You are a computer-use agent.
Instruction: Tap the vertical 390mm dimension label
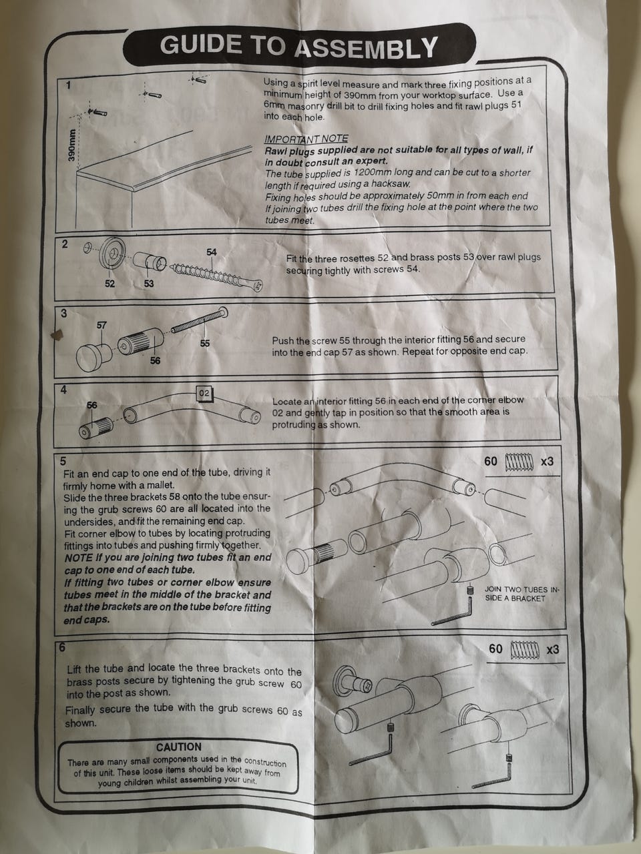tap(71, 145)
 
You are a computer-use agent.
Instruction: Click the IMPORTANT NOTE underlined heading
tap(306, 139)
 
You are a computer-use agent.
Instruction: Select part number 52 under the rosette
tap(110, 284)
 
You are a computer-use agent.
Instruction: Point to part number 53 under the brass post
tap(149, 284)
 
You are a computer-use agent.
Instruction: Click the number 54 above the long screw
tap(212, 252)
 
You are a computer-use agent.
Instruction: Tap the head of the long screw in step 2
tap(257, 286)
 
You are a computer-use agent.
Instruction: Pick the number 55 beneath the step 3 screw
tap(205, 343)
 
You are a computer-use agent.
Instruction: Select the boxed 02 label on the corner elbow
tap(204, 393)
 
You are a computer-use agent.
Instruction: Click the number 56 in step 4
tap(92, 405)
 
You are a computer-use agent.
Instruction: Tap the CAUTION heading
tap(179, 747)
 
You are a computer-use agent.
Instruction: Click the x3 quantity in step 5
tap(547, 462)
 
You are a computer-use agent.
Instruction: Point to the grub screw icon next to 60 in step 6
tap(525, 649)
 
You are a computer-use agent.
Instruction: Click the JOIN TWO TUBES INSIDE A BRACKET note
tap(521, 594)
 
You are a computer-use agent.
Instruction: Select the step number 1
tap(69, 85)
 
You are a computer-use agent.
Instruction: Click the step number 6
tap(62, 647)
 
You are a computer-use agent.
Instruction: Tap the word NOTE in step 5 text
tap(78, 558)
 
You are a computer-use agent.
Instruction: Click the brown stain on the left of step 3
tap(58, 335)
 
